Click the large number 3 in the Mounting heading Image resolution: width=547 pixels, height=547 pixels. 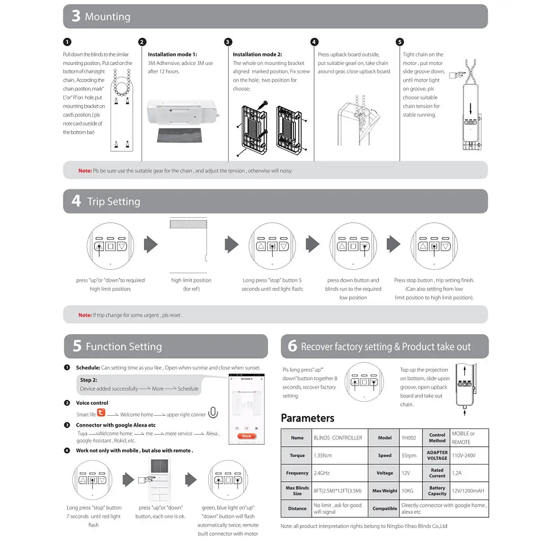(x=76, y=16)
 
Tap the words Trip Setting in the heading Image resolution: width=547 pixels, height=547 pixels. (x=114, y=201)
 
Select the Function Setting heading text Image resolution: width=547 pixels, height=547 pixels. (x=124, y=346)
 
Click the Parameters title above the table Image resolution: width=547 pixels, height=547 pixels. (x=307, y=418)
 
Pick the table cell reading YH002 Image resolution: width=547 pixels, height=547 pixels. (x=408, y=438)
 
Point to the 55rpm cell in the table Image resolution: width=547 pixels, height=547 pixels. (x=409, y=455)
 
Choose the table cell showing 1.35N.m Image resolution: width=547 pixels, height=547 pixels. (x=323, y=455)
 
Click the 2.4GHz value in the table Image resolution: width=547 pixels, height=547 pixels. (x=321, y=473)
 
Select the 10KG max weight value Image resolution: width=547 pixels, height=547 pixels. (x=407, y=491)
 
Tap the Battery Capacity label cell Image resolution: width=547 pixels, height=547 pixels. (x=437, y=491)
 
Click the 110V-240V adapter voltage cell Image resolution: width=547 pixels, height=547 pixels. (x=464, y=455)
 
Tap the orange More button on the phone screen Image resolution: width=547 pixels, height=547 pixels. (x=246, y=436)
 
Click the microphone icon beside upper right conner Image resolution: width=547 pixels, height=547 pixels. (x=213, y=413)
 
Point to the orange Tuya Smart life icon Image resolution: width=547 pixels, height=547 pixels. (x=101, y=413)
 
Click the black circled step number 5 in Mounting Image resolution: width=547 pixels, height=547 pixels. (x=400, y=42)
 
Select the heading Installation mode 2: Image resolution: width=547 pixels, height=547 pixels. (x=257, y=54)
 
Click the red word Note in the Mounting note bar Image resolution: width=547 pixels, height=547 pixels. (x=85, y=171)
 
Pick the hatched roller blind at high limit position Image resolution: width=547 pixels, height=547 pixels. (x=188, y=224)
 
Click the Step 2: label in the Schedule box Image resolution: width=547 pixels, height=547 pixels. (x=88, y=380)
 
